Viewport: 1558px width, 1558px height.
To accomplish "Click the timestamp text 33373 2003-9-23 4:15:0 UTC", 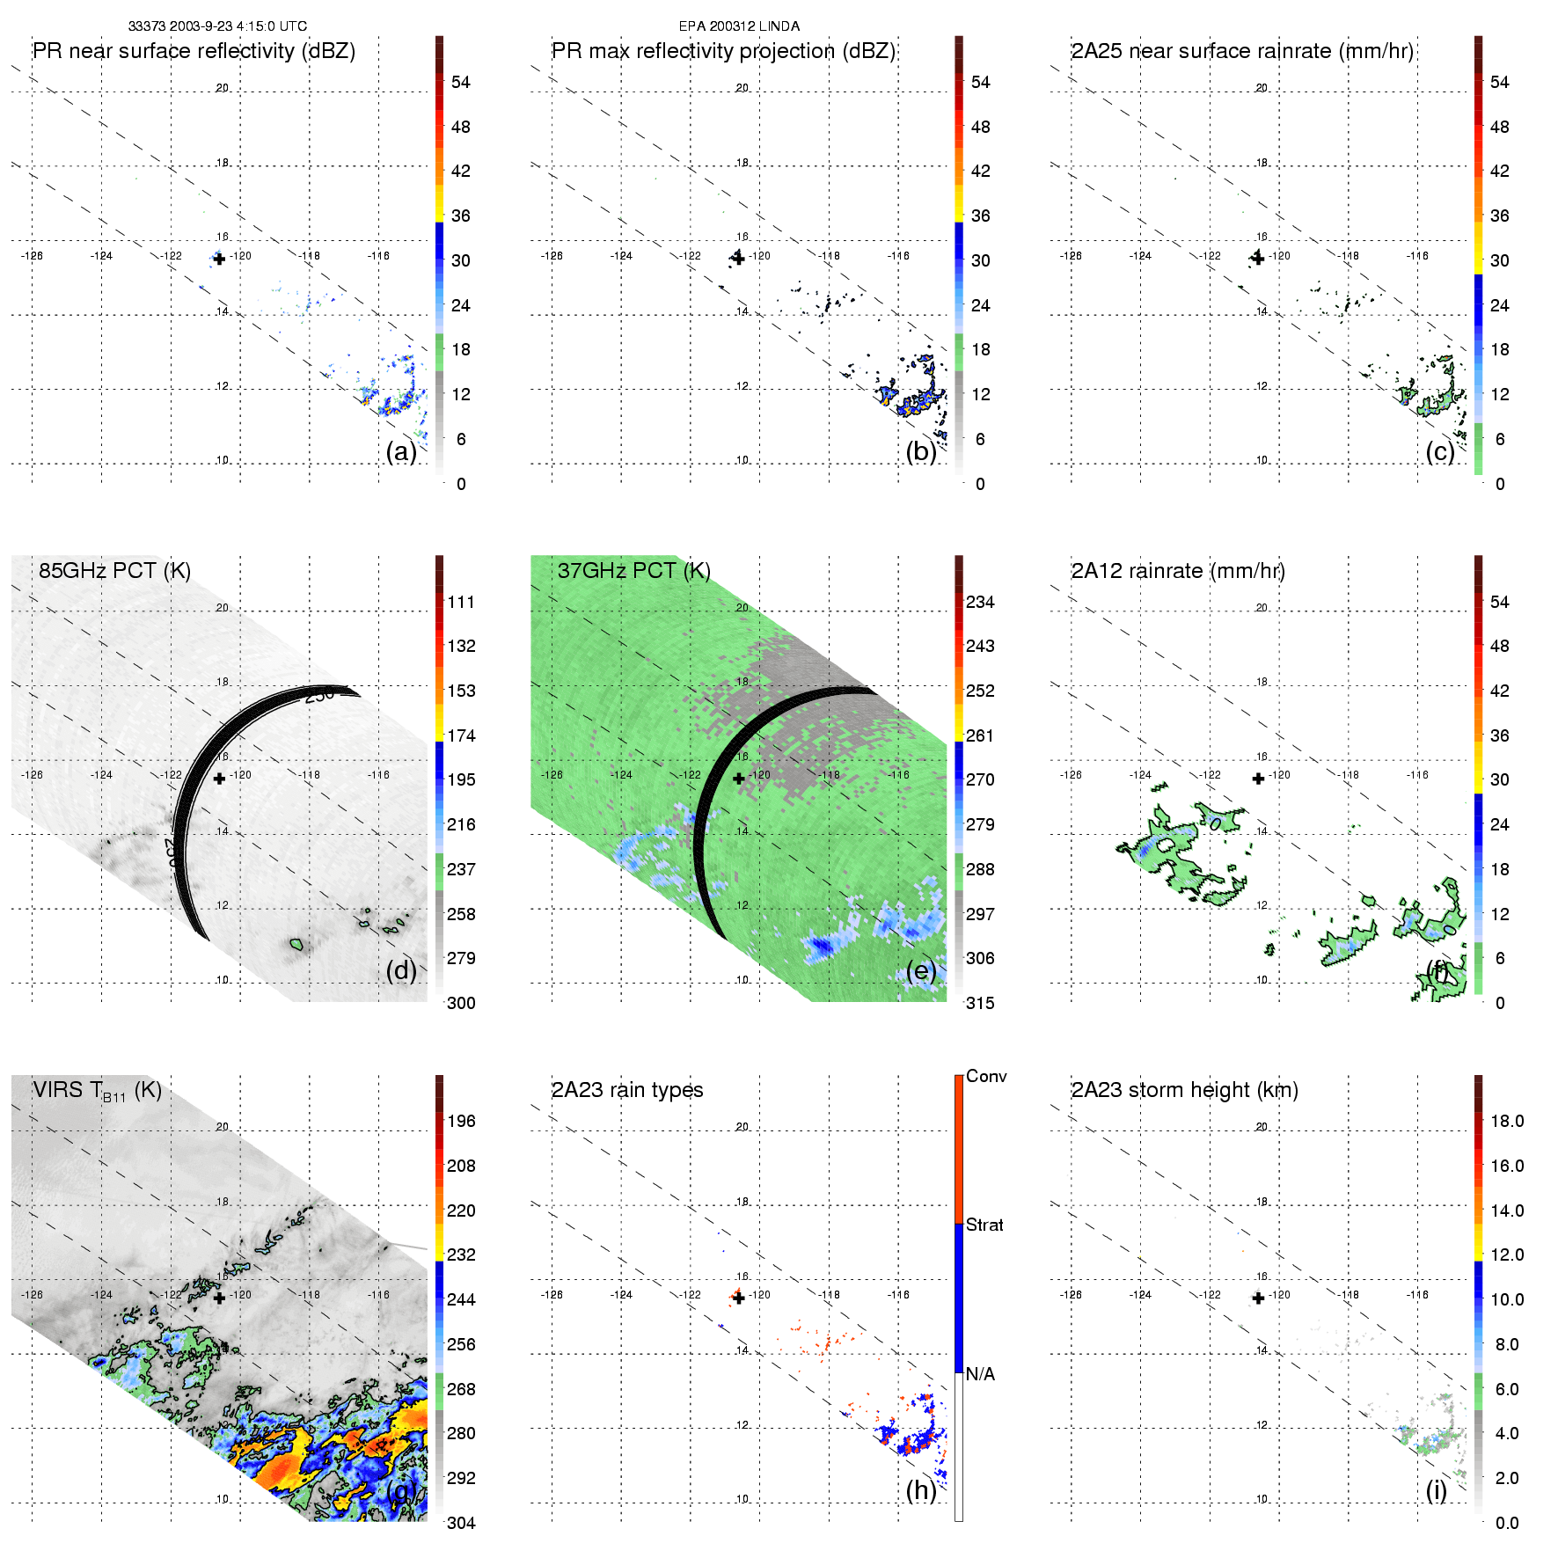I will coord(217,26).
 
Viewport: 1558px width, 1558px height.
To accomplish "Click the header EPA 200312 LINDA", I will coord(739,26).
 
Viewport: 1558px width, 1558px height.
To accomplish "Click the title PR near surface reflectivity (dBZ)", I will coord(194,51).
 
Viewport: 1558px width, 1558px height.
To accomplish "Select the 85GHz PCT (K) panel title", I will coord(114,571).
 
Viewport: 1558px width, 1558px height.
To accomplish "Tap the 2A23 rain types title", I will coord(627,1090).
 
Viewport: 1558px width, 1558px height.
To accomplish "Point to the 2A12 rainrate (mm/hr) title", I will coord(1178,571).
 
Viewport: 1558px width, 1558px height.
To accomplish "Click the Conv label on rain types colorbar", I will coord(986,1076).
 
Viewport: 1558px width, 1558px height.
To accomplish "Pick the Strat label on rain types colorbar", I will coord(984,1225).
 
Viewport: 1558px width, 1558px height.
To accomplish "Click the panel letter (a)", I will coord(401,451).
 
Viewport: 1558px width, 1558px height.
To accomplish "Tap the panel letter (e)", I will coord(921,970).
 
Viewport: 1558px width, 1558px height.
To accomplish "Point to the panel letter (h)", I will coord(921,1489).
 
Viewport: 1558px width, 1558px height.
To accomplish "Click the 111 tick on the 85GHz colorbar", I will coord(461,602).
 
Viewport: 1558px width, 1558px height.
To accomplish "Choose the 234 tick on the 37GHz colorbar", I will coord(980,602).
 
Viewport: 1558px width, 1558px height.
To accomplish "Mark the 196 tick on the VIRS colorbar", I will coord(461,1121).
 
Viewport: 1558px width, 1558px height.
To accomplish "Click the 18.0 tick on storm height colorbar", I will coord(1507,1121).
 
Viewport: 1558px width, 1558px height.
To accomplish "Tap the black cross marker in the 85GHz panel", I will coord(219,779).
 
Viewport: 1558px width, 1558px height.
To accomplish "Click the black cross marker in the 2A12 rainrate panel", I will coord(1258,779).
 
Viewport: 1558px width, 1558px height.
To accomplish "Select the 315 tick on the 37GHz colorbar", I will coord(980,1003).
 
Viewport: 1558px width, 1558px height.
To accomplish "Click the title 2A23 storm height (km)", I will coord(1184,1090).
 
